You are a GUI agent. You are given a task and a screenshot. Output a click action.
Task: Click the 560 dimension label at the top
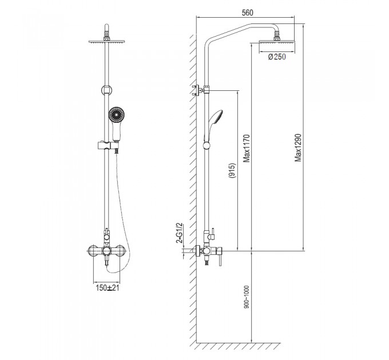247,13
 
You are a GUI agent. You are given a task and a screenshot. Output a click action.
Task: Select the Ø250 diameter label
277,57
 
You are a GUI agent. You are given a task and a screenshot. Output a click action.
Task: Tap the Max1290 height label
298,148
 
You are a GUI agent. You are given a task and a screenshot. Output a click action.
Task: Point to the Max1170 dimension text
247,149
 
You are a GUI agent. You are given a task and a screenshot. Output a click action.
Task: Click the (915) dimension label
232,171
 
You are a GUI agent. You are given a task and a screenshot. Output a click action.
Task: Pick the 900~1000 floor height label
247,297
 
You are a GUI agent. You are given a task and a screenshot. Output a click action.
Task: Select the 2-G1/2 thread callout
179,233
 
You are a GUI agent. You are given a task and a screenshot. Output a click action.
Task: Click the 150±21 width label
107,288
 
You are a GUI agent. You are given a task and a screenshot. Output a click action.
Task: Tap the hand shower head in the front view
116,114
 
